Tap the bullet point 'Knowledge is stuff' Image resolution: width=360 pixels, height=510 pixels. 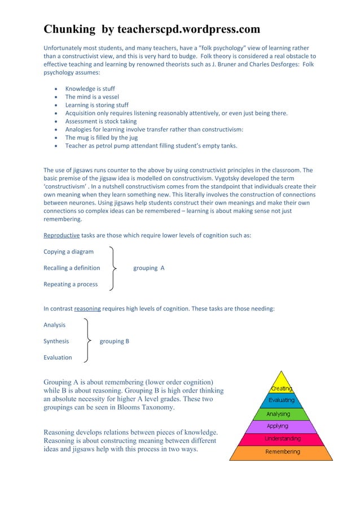90,89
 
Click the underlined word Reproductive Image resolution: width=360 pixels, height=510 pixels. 62,236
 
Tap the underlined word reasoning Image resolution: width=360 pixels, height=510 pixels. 87,308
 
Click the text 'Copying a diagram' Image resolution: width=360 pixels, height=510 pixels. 68,251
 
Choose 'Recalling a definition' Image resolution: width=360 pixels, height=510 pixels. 72,268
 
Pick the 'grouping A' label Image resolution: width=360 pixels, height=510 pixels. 149,268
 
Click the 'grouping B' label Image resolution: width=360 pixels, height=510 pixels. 115,341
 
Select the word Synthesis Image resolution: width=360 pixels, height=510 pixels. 56,341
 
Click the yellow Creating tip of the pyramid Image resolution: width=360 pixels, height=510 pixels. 281,387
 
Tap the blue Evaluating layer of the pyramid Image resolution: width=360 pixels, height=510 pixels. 281,400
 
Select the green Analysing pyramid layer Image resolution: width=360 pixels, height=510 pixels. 280,413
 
